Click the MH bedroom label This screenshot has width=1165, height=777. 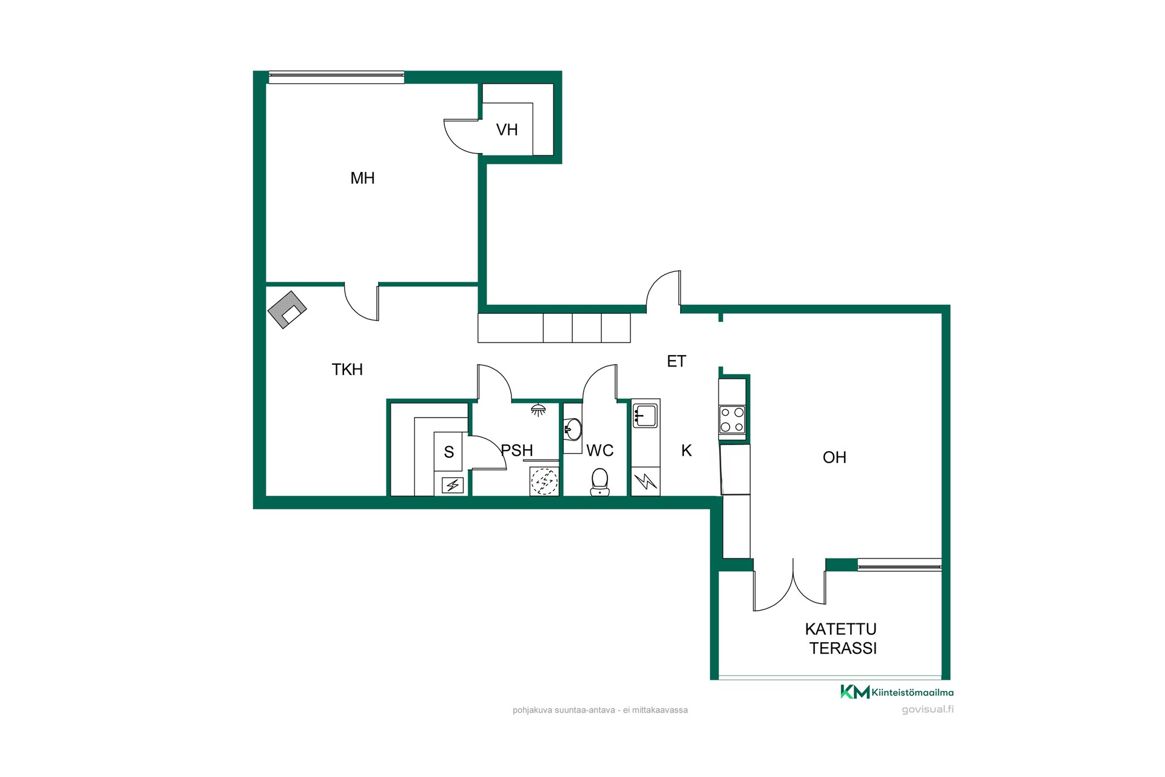pos(362,178)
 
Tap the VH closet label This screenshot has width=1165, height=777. pos(507,129)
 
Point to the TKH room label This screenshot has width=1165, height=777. pos(347,369)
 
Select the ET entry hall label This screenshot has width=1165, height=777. pos(676,361)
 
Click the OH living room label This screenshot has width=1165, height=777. pos(834,457)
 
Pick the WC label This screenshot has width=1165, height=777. pos(599,450)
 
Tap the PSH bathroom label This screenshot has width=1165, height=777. pos(517,450)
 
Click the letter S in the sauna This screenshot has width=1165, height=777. pos(449,452)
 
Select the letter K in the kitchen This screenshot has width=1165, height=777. pos(686,450)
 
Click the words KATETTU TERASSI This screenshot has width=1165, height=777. pos(842,639)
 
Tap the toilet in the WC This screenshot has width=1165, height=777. pos(599,481)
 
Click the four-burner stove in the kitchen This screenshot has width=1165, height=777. pos(732,419)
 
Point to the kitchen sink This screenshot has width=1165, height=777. pos(645,416)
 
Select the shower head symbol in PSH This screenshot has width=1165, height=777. pos(538,410)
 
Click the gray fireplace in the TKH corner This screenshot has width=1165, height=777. pos(287,310)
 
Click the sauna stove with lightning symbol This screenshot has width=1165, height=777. pos(453,485)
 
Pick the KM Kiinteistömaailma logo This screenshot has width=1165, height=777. pos(897,692)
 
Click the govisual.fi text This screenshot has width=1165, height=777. pos(928,710)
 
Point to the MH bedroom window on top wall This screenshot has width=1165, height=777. pos(337,77)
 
